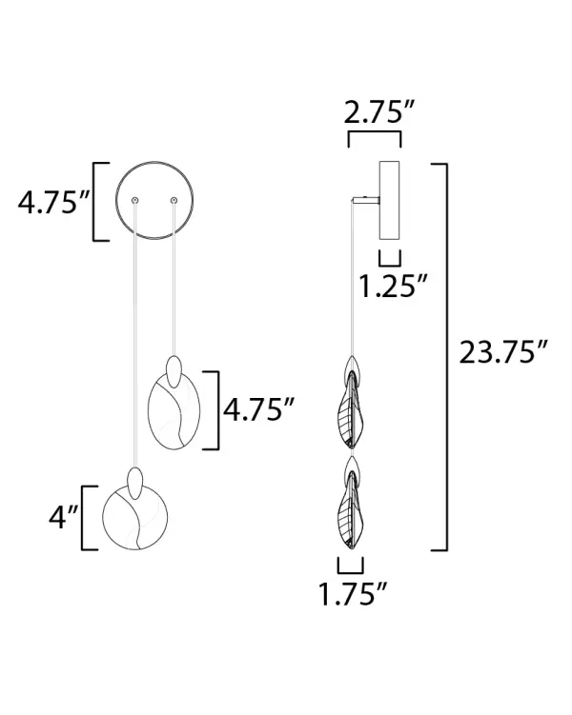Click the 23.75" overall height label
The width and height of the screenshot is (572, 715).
click(502, 352)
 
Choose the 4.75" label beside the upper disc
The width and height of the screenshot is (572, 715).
click(259, 409)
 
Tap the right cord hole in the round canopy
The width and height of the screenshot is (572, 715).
click(174, 200)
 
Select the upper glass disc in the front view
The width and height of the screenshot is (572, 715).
click(175, 412)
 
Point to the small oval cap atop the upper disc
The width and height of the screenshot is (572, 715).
click(174, 367)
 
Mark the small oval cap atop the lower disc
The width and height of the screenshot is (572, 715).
click(136, 478)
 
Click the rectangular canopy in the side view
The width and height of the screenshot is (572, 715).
click(390, 200)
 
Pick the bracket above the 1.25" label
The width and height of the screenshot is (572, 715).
click(390, 259)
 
